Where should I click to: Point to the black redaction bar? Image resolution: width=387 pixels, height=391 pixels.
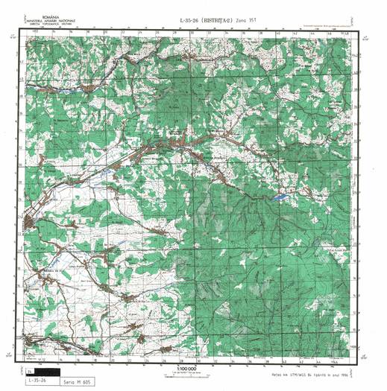pyautogui.click(x=54, y=370)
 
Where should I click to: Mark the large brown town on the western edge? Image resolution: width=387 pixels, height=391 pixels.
pyautogui.click(x=30, y=221)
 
